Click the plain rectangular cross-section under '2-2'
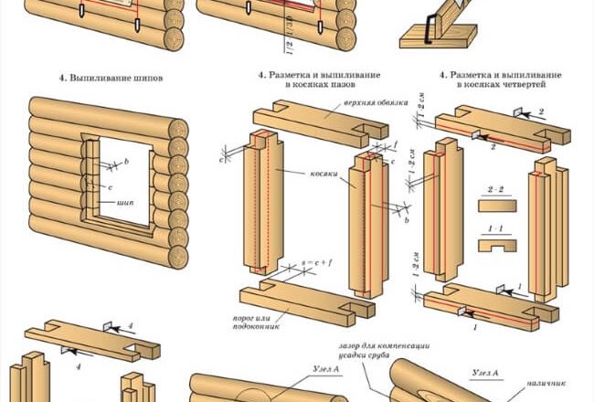pos(497,206)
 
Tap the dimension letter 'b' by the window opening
pos(125,161)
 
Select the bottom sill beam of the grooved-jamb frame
pos(302,301)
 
